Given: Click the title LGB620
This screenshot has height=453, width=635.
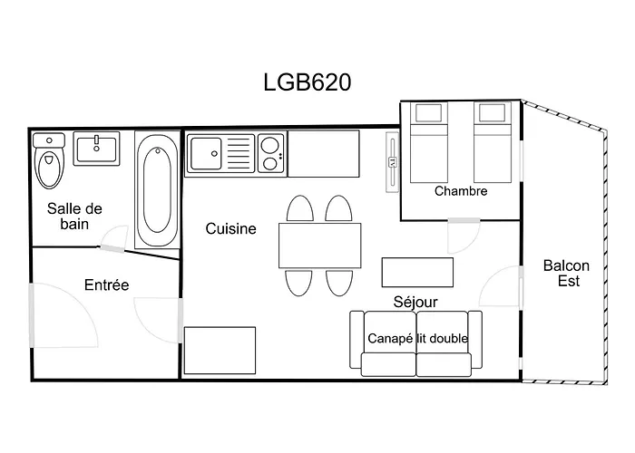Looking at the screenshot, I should point(306,82).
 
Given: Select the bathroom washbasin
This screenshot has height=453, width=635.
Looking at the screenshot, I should point(97,148).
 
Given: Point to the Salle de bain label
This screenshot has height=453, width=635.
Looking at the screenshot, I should point(74,216).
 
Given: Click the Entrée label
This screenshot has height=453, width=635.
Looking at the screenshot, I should point(106,284).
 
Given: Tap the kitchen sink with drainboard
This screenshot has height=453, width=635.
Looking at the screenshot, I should point(220,153).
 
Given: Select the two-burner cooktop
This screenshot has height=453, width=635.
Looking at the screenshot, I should point(271,153).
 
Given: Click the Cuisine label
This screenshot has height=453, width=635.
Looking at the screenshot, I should point(230,229).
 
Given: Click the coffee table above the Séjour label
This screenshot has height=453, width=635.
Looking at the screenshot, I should point(416,272).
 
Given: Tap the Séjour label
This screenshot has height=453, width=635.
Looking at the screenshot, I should point(415,302).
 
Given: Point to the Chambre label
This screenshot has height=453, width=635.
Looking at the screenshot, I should point(461,191).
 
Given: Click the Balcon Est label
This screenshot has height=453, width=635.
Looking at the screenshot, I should point(566,273).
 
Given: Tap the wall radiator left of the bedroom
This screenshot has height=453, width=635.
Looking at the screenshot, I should point(392,163).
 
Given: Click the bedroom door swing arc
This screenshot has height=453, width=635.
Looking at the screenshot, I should point(463,240).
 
